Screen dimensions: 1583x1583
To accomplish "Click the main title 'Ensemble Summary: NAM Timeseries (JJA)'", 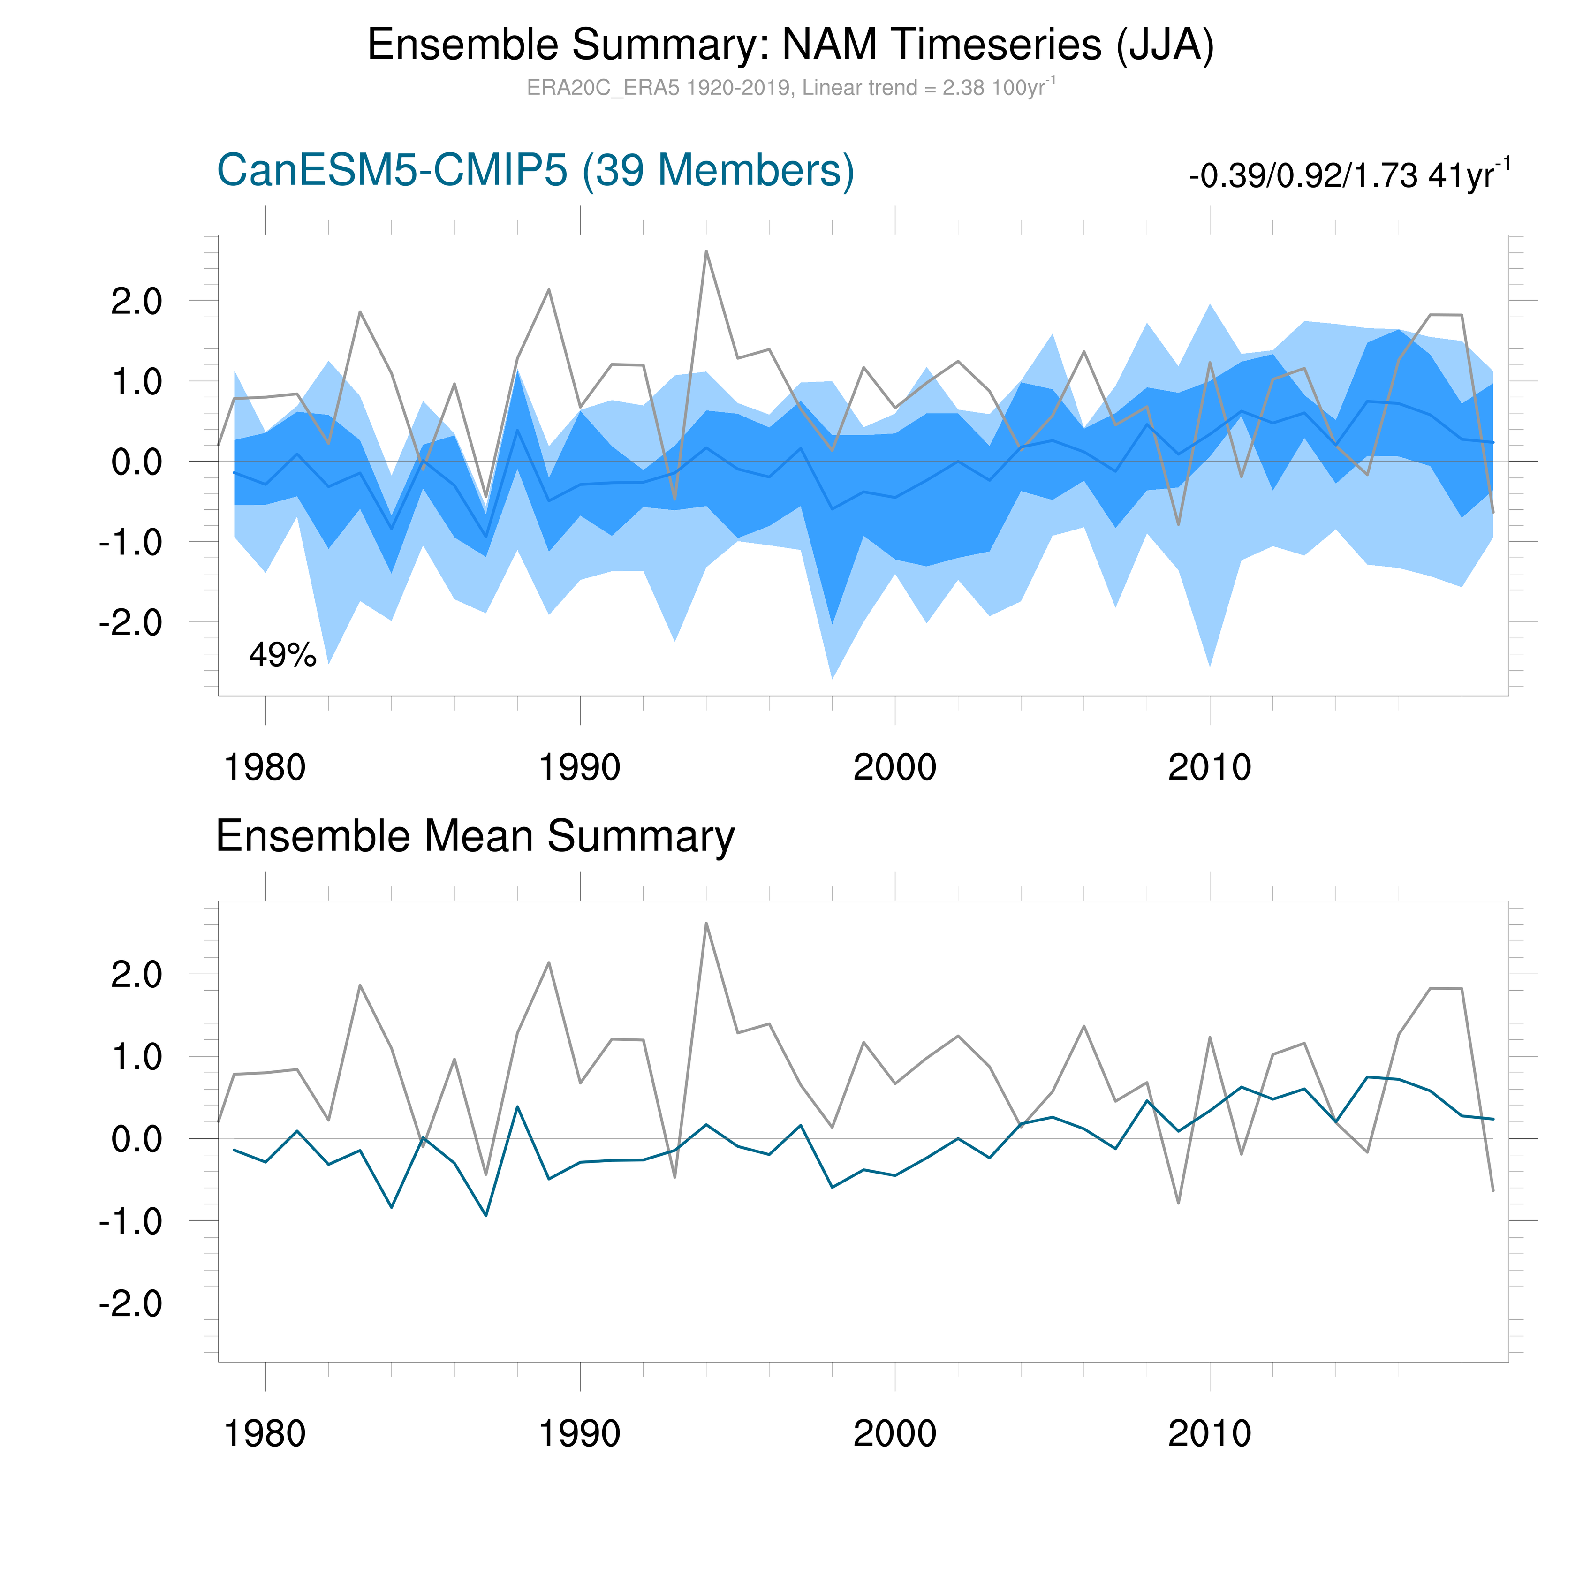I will click(x=791, y=45).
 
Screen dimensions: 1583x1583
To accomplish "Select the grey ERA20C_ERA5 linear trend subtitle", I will click(x=791, y=88).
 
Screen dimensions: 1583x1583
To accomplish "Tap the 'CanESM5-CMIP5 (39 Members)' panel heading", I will click(x=536, y=171).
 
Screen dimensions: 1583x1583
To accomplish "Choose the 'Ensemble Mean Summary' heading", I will click(x=475, y=837).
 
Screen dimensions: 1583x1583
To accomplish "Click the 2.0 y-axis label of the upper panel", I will click(x=137, y=302).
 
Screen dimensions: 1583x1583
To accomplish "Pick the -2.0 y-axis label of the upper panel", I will click(x=131, y=623).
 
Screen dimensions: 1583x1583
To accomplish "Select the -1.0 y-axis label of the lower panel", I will click(x=131, y=1222).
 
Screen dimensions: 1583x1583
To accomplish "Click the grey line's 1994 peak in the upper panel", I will click(x=706, y=251).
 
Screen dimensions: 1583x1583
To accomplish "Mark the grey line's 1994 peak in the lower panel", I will click(x=706, y=924).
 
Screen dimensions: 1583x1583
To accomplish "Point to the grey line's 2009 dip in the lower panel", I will click(x=1178, y=1203).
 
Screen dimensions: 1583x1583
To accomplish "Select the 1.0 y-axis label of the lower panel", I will click(x=137, y=1057).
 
